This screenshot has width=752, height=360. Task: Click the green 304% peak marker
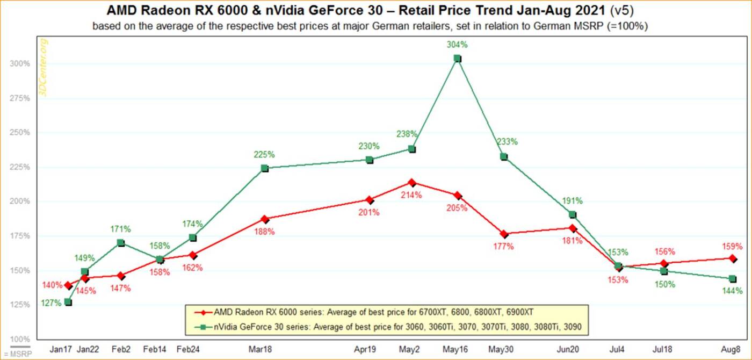tap(457, 58)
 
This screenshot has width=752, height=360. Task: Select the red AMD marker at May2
tap(412, 183)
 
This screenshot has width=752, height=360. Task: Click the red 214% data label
tap(412, 194)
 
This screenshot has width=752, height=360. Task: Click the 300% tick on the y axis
tap(20, 63)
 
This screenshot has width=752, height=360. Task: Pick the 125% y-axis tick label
tap(20, 305)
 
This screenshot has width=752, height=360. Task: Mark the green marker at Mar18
tap(264, 168)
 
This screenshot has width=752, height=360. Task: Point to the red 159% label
tap(733, 247)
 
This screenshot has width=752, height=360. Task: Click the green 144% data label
tap(733, 291)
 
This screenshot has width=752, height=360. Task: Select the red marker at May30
tap(504, 234)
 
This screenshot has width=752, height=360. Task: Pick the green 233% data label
tap(507, 142)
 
